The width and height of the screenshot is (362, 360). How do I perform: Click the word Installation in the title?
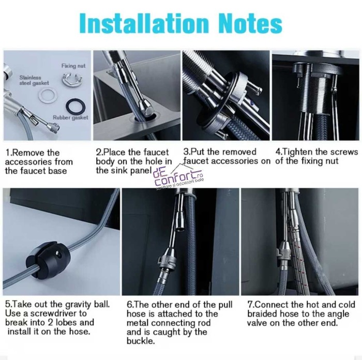tap(144, 23)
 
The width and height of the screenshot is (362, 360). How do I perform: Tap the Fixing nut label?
tap(73, 66)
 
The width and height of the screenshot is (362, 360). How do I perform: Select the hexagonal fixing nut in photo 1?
tap(72, 78)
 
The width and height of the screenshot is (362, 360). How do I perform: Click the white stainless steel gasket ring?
tap(48, 95)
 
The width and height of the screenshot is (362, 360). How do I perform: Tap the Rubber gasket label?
tap(70, 117)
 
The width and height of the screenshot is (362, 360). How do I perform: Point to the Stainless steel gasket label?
tap(34, 80)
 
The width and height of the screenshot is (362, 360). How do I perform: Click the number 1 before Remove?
tap(8, 153)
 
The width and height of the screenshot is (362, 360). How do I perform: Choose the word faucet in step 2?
tap(156, 152)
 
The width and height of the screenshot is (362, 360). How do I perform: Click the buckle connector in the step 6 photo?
tap(167, 259)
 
